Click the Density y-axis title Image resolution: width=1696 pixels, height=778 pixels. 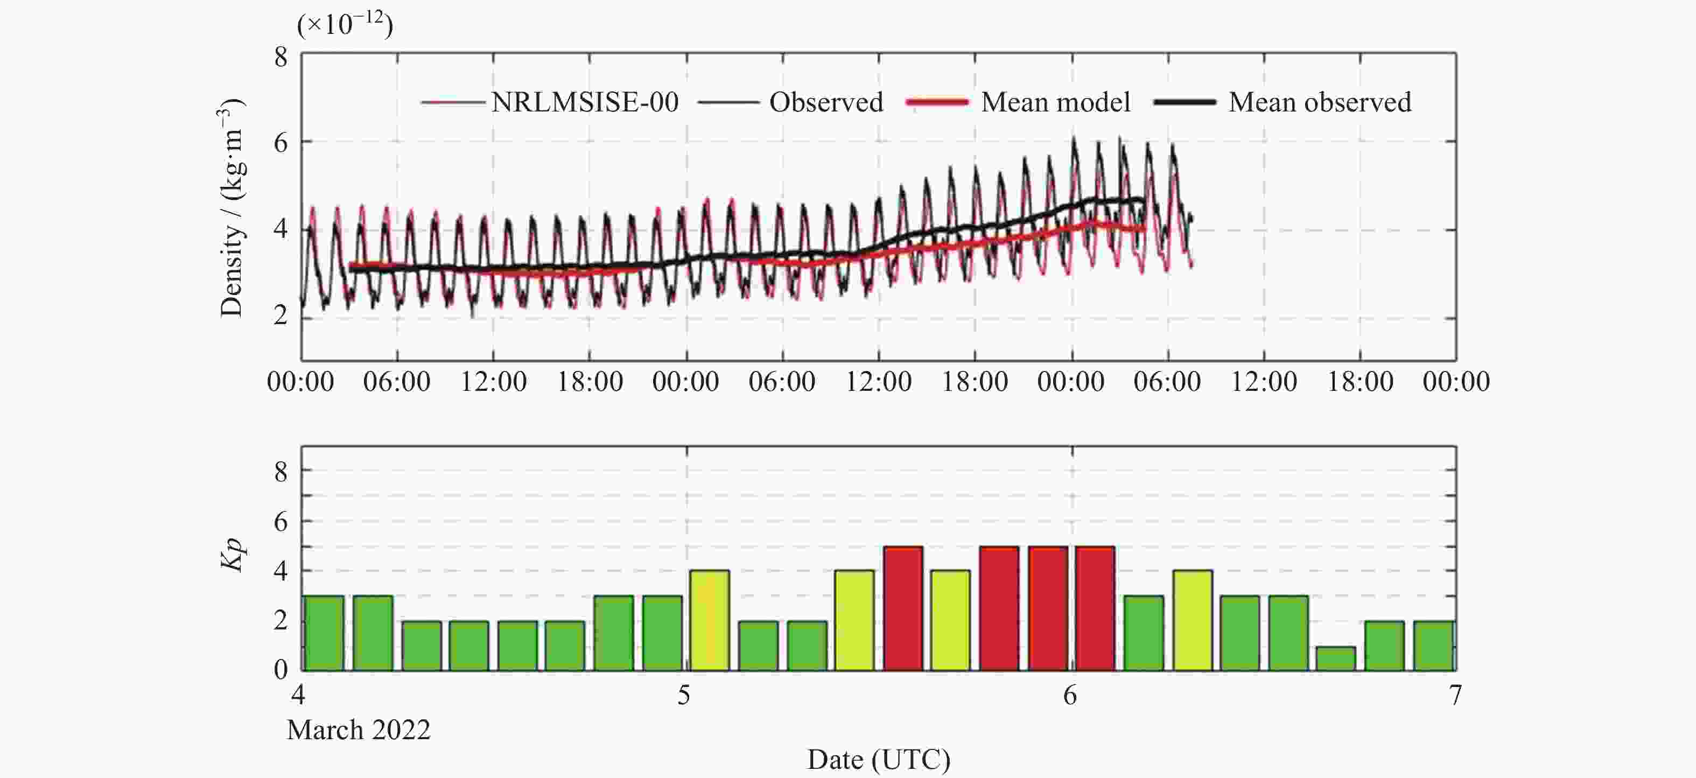(x=232, y=207)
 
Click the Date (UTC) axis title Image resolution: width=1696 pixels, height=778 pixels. (x=878, y=760)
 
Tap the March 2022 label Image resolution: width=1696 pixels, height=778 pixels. (x=359, y=730)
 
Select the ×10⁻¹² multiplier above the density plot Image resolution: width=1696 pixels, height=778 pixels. (x=345, y=25)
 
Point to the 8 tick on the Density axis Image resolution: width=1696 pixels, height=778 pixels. (x=281, y=57)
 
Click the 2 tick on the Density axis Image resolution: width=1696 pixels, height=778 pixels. (x=281, y=316)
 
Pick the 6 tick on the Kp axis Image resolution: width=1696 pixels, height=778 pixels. (x=281, y=521)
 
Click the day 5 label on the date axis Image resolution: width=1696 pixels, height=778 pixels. (x=684, y=695)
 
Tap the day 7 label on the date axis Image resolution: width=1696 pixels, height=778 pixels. (x=1455, y=695)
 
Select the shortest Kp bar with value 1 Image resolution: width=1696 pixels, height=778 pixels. (x=1336, y=658)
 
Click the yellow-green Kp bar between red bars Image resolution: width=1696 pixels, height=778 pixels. (x=950, y=620)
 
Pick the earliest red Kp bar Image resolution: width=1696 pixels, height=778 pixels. (x=902, y=608)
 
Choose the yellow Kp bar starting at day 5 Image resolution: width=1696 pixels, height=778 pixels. (x=710, y=620)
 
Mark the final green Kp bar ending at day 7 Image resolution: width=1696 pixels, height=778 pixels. (x=1433, y=645)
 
